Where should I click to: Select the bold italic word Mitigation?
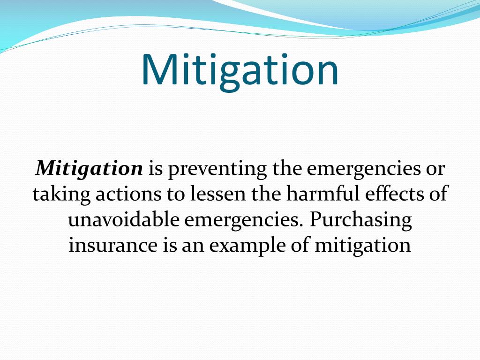click(90, 168)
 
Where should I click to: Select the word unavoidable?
click(123, 220)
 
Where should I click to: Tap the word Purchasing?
click(360, 220)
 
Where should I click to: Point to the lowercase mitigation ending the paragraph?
click(362, 246)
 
